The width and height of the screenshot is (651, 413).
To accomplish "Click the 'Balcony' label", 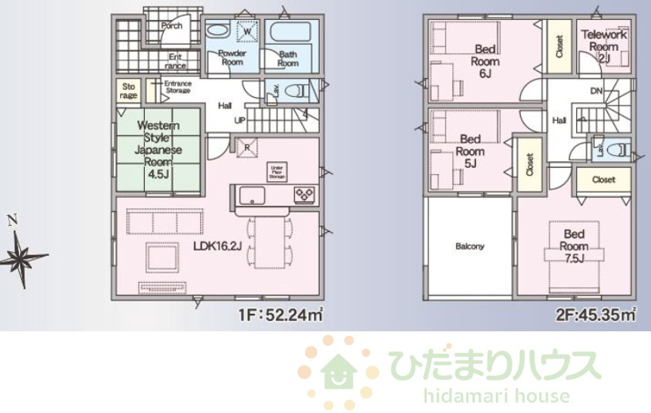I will click(469, 247).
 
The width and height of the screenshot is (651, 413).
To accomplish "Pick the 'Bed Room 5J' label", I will click(471, 151).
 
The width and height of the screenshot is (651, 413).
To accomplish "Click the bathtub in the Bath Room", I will click(289, 35).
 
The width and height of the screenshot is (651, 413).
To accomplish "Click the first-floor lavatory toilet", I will click(297, 91).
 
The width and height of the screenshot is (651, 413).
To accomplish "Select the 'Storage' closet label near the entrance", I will click(129, 91).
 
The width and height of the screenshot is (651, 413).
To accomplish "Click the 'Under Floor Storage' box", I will click(277, 171).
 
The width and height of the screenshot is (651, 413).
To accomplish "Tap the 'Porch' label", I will click(172, 25).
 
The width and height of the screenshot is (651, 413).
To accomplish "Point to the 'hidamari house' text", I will click(496, 397).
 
